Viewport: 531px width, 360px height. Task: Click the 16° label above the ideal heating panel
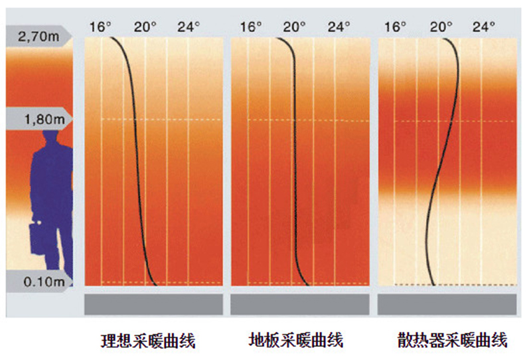click(x=102, y=27)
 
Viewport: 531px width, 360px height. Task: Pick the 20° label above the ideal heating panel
click(x=145, y=27)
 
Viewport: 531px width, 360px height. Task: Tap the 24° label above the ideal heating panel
click(x=188, y=27)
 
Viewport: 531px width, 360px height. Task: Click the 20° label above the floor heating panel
click(x=294, y=27)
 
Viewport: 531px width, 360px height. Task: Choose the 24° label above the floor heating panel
click(x=338, y=27)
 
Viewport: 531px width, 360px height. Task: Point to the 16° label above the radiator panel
click(x=396, y=27)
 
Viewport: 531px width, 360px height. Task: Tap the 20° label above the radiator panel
click(x=439, y=27)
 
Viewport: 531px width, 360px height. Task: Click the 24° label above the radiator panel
click(x=483, y=27)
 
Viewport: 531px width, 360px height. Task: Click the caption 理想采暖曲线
click(x=148, y=341)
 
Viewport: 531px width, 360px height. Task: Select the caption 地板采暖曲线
click(x=297, y=341)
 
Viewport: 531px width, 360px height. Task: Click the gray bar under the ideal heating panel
click(x=153, y=304)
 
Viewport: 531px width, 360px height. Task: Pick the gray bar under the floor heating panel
click(x=299, y=304)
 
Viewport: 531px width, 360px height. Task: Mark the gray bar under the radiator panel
click(x=446, y=304)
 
